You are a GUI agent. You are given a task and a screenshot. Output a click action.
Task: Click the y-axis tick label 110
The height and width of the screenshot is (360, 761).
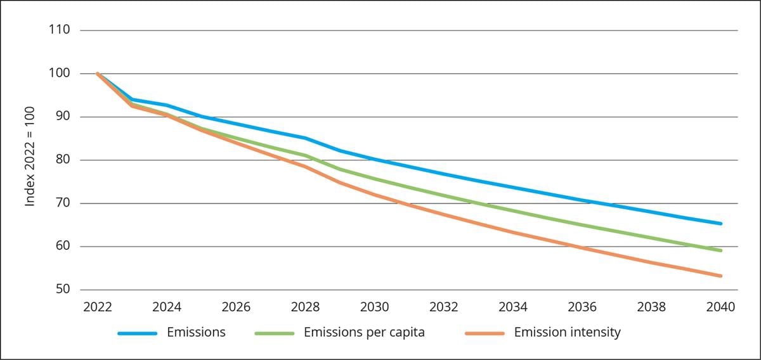(x=59, y=30)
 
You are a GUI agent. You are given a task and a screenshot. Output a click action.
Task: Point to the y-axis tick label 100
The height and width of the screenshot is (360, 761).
(x=59, y=74)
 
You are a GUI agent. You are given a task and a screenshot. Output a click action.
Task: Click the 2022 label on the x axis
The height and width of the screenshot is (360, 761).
(x=97, y=307)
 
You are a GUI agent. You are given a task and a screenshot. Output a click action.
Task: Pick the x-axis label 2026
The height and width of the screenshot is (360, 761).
(x=236, y=307)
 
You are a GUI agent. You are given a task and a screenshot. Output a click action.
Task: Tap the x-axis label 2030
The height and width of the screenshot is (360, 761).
(x=374, y=307)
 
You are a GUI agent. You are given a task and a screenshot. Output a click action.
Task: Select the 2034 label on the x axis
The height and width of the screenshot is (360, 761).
(x=513, y=307)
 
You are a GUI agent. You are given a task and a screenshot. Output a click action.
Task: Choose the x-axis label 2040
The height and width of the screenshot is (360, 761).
(x=720, y=307)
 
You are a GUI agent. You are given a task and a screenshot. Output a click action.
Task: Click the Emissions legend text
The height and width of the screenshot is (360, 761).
(x=196, y=332)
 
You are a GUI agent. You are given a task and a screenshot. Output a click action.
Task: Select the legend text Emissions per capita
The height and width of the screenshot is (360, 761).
(x=364, y=332)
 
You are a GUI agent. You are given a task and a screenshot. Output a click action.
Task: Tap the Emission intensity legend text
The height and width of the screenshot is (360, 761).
(x=567, y=332)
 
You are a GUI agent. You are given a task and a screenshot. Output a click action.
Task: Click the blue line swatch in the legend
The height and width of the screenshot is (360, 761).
(x=137, y=333)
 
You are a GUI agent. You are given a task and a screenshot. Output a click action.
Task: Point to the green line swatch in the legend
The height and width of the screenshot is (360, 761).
(x=274, y=333)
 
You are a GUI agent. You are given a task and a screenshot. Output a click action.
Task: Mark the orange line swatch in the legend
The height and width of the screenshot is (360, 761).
(x=484, y=333)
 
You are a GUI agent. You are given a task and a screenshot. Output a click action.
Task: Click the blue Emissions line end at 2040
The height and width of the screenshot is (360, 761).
(x=720, y=223)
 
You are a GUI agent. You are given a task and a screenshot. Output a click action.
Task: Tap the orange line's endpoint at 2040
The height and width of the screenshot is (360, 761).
(x=720, y=276)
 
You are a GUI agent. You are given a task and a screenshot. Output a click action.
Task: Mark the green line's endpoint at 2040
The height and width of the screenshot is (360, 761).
(x=720, y=250)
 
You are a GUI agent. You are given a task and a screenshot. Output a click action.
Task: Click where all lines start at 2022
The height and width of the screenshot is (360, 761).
(x=98, y=74)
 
